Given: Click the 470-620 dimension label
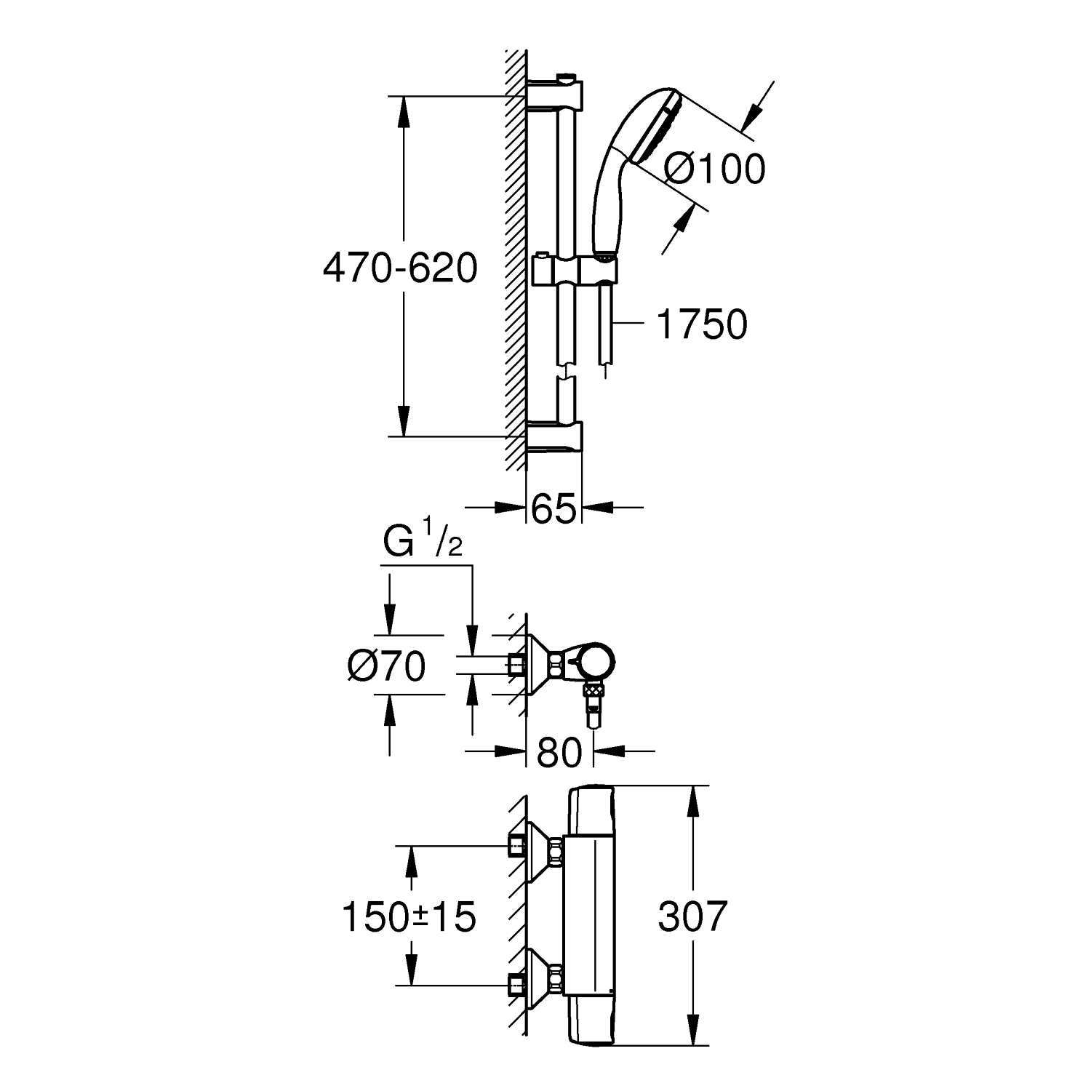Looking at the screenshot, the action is [x=400, y=269].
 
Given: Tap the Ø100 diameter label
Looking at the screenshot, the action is [x=715, y=169].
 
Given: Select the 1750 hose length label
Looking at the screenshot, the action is [x=702, y=324].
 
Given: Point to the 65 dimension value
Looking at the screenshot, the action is [x=554, y=508].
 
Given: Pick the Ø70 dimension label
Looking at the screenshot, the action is [x=386, y=666].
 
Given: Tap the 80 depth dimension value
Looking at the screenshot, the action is [x=560, y=753].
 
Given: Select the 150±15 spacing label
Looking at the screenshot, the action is [x=409, y=916].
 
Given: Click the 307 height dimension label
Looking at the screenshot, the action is [x=692, y=916].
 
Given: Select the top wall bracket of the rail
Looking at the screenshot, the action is [x=554, y=92].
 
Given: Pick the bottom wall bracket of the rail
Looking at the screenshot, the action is [x=554, y=438].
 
